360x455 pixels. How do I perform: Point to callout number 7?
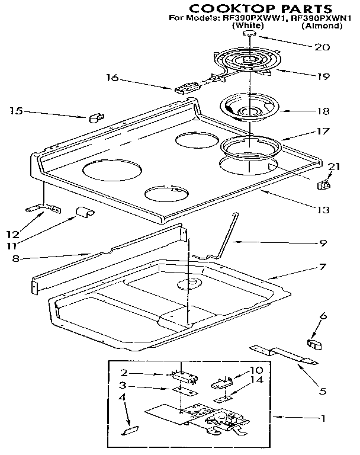[322, 267]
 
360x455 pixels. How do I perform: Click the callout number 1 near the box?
[323, 418]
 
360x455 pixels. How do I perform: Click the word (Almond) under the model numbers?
[322, 26]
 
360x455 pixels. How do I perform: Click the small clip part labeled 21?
[324, 186]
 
